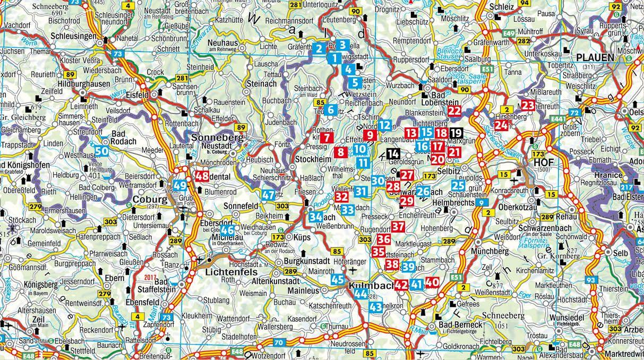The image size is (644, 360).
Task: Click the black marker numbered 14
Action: (393, 154)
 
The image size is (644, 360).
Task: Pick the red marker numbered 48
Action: (202, 176)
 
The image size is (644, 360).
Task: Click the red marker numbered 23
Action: (527, 106)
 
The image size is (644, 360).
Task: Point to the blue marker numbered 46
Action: (228, 230)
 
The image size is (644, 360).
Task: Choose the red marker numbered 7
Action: (328, 138)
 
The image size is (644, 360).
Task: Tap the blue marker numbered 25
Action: (458, 185)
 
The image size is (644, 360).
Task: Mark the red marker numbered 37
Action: (399, 227)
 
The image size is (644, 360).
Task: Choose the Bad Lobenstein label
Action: (439, 96)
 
